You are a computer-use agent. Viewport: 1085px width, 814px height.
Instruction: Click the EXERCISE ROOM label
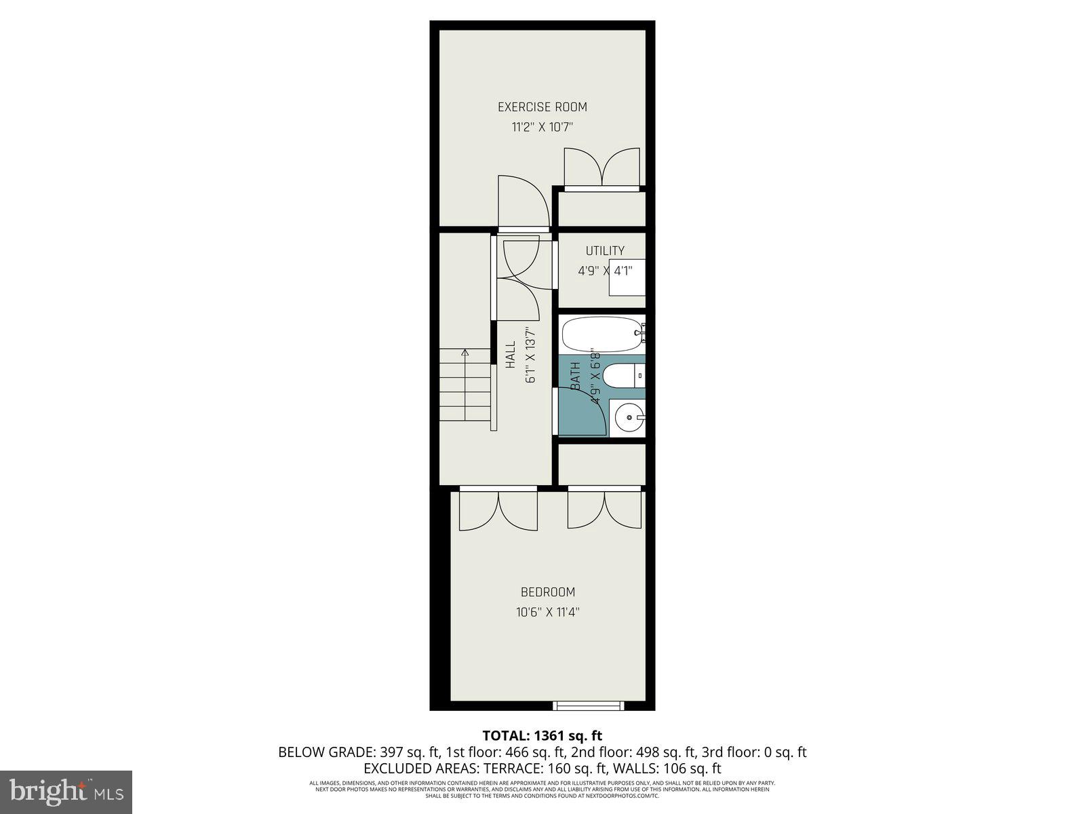[542, 106]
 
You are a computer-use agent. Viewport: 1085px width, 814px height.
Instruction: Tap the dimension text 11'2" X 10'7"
[542, 127]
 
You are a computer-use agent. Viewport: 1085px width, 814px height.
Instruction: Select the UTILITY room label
[605, 251]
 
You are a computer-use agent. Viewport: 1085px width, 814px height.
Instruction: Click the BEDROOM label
[547, 592]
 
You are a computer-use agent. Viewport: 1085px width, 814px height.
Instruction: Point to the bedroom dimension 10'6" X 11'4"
[547, 612]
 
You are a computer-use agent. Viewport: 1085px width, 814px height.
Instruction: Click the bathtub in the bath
[601, 334]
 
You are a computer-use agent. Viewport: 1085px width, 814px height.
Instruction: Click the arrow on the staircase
[465, 353]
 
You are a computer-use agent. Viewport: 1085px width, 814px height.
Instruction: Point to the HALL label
[511, 354]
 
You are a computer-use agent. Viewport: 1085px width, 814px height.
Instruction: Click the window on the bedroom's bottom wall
[588, 706]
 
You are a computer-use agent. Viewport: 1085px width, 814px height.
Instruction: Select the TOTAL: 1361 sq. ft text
[542, 735]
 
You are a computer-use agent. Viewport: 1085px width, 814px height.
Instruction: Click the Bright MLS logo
[66, 791]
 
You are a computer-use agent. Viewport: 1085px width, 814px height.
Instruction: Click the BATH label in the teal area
[575, 376]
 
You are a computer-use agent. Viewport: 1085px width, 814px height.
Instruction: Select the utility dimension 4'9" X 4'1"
[605, 271]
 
